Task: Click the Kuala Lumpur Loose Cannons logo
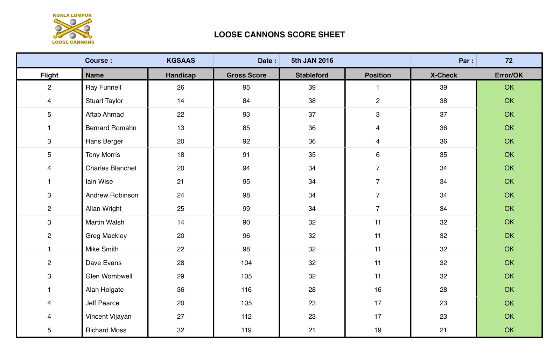(73, 29)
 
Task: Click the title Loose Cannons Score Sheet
(279, 35)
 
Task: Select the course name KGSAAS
(181, 61)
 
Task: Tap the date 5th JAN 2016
(312, 61)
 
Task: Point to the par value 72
(509, 61)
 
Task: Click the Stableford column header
(312, 75)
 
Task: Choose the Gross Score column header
(246, 75)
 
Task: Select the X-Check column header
(443, 75)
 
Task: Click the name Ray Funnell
(103, 88)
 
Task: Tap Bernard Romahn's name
(111, 128)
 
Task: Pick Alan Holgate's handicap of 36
(181, 290)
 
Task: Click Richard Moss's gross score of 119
(246, 330)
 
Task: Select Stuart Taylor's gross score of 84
(246, 101)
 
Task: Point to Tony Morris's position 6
(378, 155)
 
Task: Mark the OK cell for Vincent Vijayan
(509, 317)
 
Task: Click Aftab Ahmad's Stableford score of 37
(312, 115)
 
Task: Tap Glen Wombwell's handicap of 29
(181, 276)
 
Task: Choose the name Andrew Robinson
(112, 195)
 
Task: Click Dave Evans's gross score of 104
(246, 263)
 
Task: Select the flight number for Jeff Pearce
(49, 303)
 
